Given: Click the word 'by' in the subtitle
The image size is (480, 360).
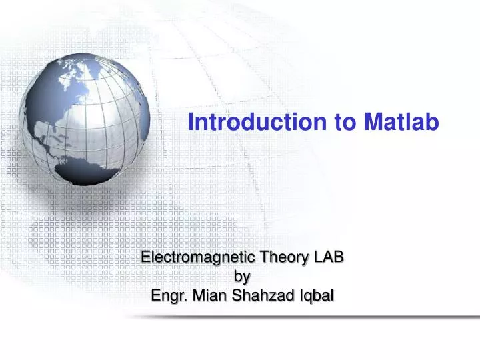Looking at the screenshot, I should [243, 276].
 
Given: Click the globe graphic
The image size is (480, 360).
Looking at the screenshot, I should [84, 120].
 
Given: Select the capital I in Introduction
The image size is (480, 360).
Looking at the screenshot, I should [191, 123].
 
